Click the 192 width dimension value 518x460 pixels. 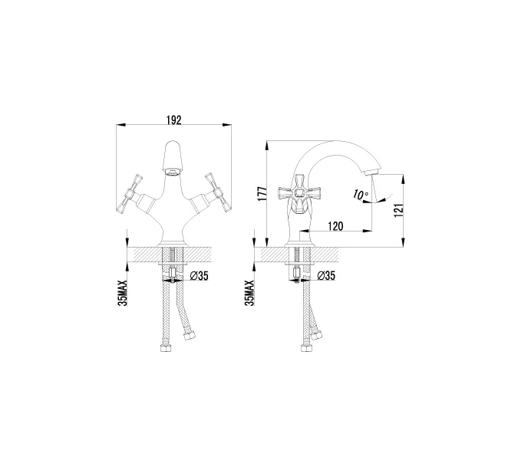tap(173, 120)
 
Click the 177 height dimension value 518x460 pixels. tap(262, 194)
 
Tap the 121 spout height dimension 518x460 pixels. tap(399, 210)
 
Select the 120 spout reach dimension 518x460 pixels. tap(335, 226)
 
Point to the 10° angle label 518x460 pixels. tap(360, 195)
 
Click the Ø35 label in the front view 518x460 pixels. tap(200, 275)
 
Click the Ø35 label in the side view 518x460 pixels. tap(326, 275)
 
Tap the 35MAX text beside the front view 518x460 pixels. tap(122, 293)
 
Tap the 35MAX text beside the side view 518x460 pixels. tap(249, 293)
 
